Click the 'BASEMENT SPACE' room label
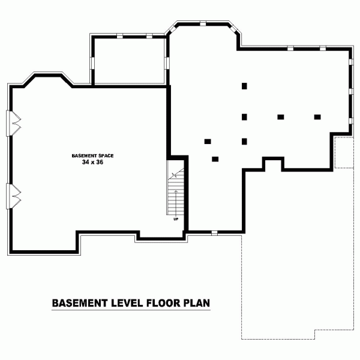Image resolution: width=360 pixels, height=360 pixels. click(92, 155)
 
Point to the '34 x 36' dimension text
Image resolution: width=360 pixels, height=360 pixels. click(92, 162)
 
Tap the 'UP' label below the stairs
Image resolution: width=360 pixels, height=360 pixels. click(176, 218)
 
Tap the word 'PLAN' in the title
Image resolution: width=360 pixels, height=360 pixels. click(196, 302)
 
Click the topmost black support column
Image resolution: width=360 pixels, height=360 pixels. click(245, 86)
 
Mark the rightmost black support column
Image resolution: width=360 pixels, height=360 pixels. click(317, 117)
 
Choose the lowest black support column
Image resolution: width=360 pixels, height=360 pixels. click(215, 159)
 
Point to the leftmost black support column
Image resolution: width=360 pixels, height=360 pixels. click(208, 142)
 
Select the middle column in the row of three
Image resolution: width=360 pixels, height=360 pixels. click(280, 117)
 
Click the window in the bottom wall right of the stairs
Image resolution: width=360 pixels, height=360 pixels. click(214, 233)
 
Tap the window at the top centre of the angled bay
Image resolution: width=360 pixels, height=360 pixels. click(203, 24)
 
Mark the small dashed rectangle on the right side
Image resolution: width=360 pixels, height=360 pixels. click(344, 152)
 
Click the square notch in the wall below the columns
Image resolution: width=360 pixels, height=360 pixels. click(273, 164)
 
